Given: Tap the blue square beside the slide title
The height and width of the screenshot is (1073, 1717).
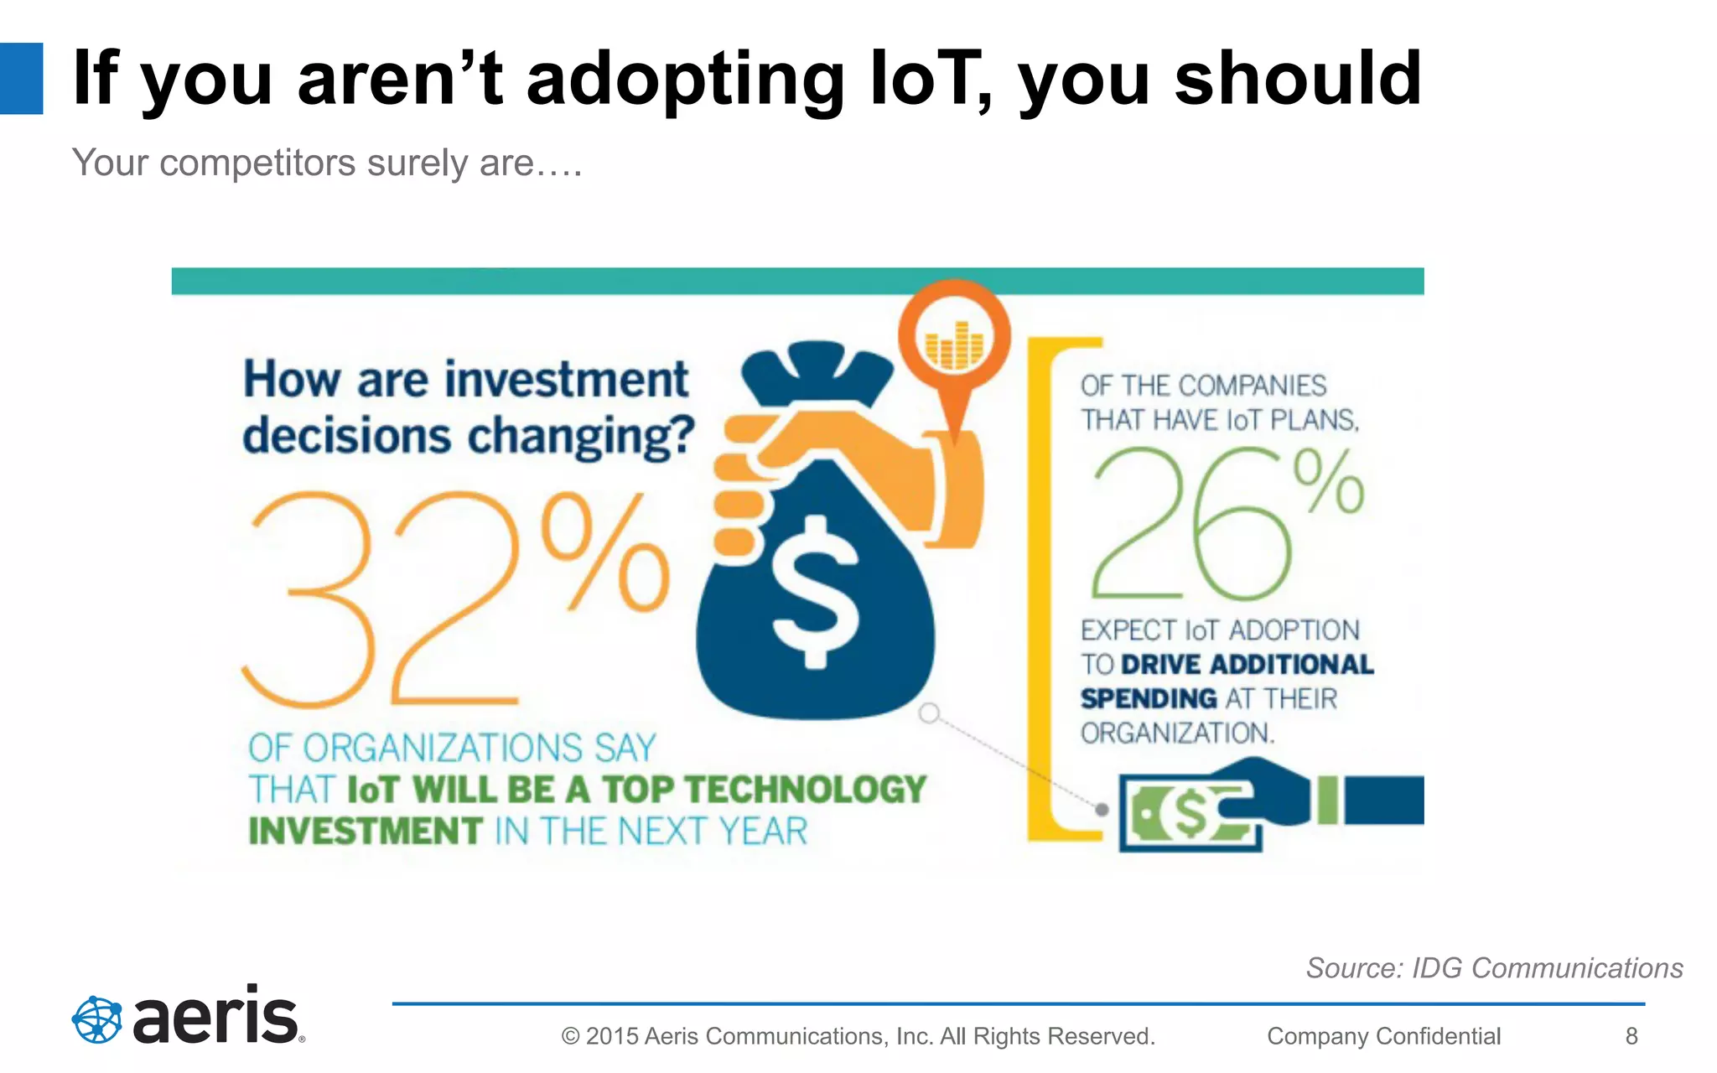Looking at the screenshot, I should click(21, 78).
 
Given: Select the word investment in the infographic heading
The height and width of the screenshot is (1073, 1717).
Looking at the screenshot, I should click(566, 380).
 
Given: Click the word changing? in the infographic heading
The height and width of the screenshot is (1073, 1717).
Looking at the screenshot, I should click(581, 437).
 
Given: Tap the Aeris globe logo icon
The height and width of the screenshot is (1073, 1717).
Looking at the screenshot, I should click(96, 1019).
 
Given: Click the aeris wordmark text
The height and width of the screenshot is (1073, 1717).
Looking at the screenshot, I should click(216, 1017).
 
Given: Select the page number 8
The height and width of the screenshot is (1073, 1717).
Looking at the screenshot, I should click(1631, 1036).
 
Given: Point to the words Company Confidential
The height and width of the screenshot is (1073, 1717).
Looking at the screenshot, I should click(1383, 1036).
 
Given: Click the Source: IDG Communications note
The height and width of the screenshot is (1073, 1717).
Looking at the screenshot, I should click(1494, 968).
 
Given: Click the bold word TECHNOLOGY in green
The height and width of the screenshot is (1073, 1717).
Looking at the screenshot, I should click(806, 790).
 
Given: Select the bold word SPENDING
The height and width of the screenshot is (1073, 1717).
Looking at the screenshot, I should click(1149, 698).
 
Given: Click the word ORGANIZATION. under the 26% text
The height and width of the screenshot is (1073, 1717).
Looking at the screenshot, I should click(1177, 733).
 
